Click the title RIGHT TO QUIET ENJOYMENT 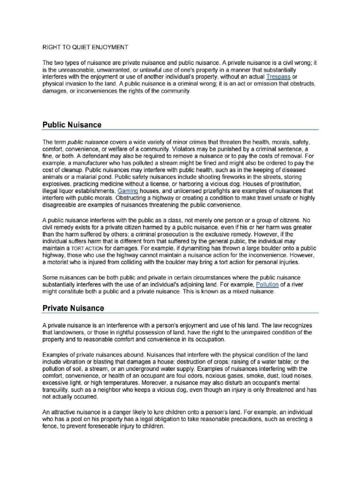click(85, 47)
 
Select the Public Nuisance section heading click(72, 125)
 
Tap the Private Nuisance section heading click(73, 308)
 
